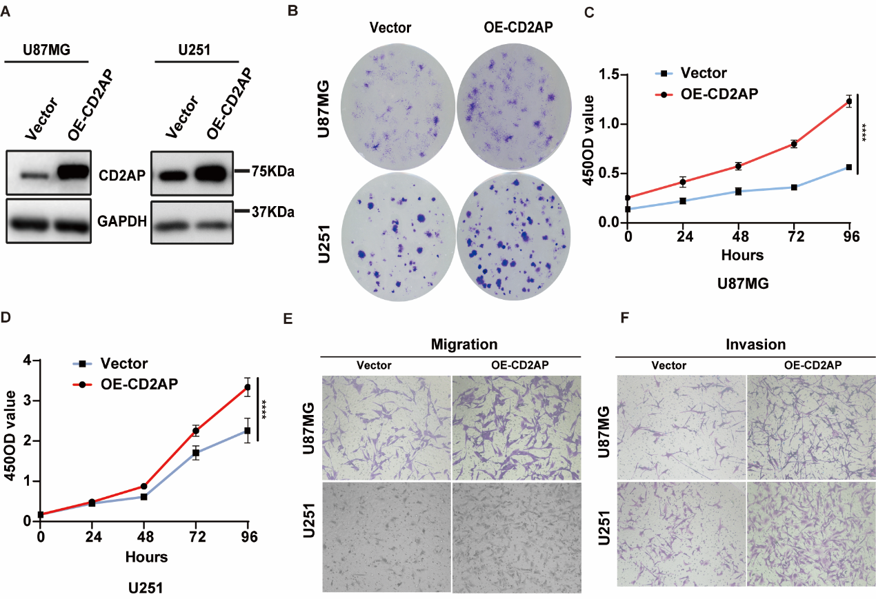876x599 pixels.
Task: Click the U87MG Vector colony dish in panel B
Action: point(392,101)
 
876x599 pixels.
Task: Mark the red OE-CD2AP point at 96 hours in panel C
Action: point(848,102)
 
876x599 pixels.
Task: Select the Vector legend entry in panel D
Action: point(124,363)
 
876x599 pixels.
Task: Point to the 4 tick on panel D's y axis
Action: point(27,360)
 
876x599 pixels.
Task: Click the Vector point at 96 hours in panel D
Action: point(247,431)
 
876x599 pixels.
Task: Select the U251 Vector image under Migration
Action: point(386,536)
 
